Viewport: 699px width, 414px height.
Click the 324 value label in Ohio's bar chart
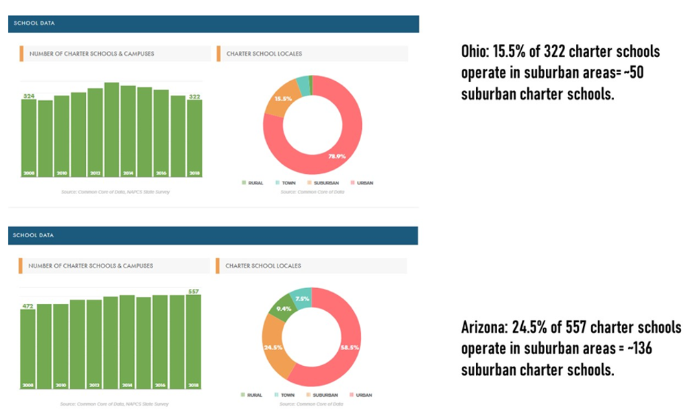click(28, 96)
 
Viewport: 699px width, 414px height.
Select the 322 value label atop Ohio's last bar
click(194, 96)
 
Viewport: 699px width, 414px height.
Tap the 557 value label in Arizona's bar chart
click(194, 292)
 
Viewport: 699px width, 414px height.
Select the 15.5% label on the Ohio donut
click(283, 98)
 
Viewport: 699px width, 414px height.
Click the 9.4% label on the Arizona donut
click(284, 308)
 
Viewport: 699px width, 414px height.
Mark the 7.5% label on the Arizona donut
click(302, 299)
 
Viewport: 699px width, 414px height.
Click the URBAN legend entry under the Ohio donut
click(361, 183)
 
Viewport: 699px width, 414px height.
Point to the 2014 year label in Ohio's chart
click(128, 172)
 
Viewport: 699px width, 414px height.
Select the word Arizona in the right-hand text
click(485, 327)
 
